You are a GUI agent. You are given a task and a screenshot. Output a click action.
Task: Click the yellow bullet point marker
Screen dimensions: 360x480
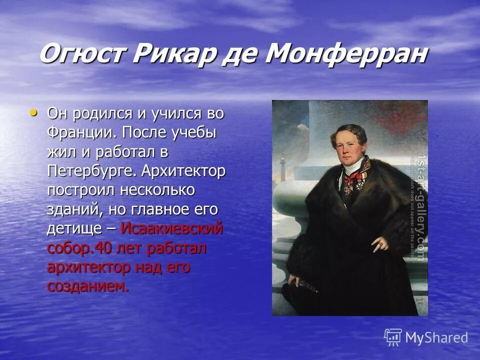[x=33, y=112]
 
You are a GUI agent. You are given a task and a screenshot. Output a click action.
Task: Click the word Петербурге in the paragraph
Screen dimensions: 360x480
[x=89, y=172]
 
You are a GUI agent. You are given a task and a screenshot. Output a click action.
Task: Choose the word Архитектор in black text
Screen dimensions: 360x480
[x=183, y=172]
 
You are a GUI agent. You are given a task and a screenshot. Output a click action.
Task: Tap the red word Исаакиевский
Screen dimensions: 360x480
[x=172, y=228]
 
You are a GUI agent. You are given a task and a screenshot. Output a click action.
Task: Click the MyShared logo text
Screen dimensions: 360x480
[x=436, y=337]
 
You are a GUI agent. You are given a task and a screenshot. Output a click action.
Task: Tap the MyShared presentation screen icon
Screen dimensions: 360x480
[x=393, y=337]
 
